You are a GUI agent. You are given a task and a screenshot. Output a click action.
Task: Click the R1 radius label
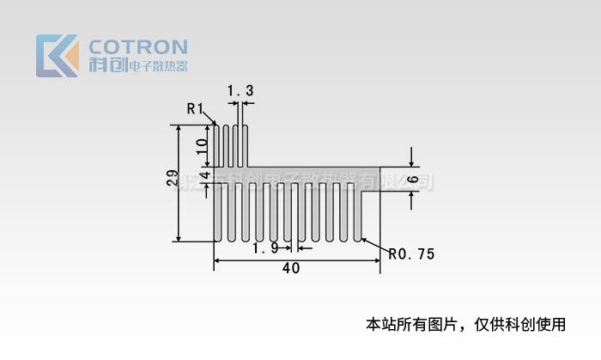tap(195, 108)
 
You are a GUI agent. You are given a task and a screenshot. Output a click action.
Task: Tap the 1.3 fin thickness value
tap(240, 90)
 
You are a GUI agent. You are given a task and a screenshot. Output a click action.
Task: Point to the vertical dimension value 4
tap(204, 175)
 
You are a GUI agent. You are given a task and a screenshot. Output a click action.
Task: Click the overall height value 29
tap(173, 179)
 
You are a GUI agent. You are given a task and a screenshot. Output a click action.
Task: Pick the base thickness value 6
tap(413, 180)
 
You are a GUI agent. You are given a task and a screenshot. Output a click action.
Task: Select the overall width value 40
tap(291, 268)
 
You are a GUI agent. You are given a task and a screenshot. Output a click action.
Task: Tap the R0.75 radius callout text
tap(412, 254)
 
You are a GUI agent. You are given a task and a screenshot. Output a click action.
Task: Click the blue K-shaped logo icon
tap(58, 56)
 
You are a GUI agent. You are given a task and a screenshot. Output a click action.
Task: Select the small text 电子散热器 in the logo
tap(157, 66)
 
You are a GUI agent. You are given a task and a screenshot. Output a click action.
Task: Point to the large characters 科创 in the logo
tap(106, 65)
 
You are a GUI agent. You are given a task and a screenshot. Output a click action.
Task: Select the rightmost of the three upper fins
tap(245, 146)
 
